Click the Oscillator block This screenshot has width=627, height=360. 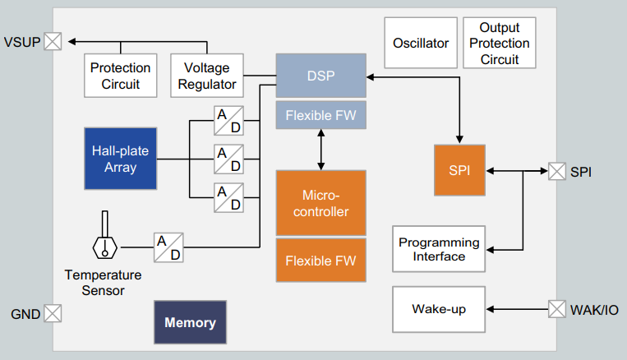[x=421, y=43]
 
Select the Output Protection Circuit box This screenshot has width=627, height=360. [x=500, y=43]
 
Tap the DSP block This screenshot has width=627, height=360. [x=321, y=76]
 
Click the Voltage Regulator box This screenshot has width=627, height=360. [x=207, y=76]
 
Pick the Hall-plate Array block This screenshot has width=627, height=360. [x=120, y=159]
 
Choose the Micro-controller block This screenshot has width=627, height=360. [x=321, y=203]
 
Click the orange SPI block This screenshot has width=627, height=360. [x=460, y=170]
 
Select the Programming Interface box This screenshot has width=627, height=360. [x=439, y=249]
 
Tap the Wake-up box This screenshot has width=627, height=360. [x=439, y=309]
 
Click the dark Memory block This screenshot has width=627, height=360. [x=191, y=322]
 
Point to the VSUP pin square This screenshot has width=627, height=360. [x=53, y=41]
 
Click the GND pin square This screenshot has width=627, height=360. [x=53, y=313]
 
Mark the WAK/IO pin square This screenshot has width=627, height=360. [x=557, y=309]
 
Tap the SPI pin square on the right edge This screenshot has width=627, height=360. [x=557, y=171]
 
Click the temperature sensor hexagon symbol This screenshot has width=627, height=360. [x=104, y=248]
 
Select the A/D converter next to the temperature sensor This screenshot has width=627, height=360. [x=168, y=247]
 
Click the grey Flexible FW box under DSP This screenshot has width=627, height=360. [x=321, y=115]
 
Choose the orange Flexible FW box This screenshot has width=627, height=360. [x=321, y=261]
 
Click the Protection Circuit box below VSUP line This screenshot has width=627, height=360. [x=120, y=76]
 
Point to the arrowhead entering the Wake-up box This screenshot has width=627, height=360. [x=490, y=309]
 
